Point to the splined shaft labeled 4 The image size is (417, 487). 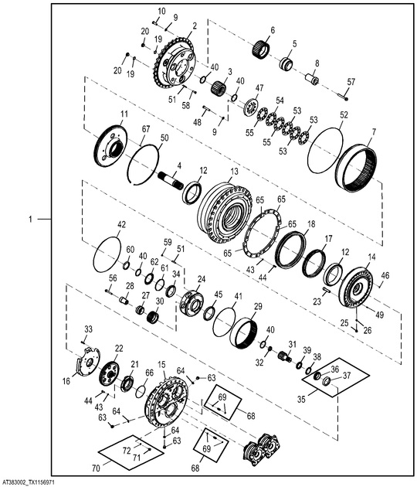point(171,182)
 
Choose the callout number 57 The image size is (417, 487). point(352,81)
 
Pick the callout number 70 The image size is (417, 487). point(97,468)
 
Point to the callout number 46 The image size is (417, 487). point(386,274)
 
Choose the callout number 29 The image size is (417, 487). point(258,307)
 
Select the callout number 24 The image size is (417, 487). point(202,279)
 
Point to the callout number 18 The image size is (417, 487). point(311,224)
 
